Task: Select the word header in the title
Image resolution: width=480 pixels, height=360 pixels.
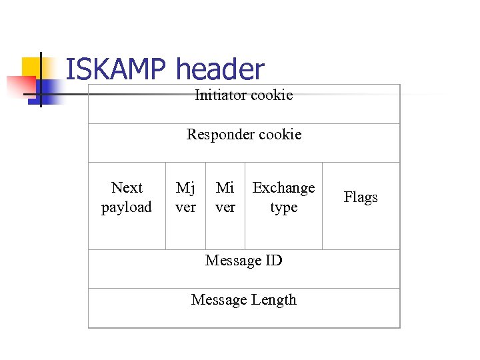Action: [220, 70]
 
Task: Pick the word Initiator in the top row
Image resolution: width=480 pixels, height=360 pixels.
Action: [221, 95]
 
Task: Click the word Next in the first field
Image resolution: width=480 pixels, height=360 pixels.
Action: [127, 188]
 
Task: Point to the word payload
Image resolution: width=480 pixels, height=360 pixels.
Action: [127, 207]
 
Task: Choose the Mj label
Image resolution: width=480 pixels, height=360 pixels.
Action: [185, 188]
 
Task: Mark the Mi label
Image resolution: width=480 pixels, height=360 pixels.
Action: [225, 188]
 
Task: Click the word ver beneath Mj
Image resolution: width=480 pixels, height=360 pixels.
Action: [185, 207]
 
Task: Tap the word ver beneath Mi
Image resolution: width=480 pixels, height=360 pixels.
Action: [225, 207]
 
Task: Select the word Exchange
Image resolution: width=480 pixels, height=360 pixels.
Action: [283, 188]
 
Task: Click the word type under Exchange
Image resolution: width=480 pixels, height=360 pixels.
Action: [283, 207]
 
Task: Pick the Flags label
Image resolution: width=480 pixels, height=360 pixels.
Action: [361, 197]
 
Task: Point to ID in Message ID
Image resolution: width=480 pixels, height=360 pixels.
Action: [273, 260]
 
